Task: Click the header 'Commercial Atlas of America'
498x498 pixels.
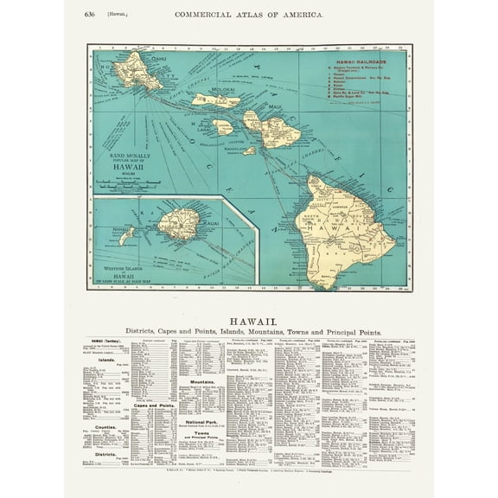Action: [x=248, y=14]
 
